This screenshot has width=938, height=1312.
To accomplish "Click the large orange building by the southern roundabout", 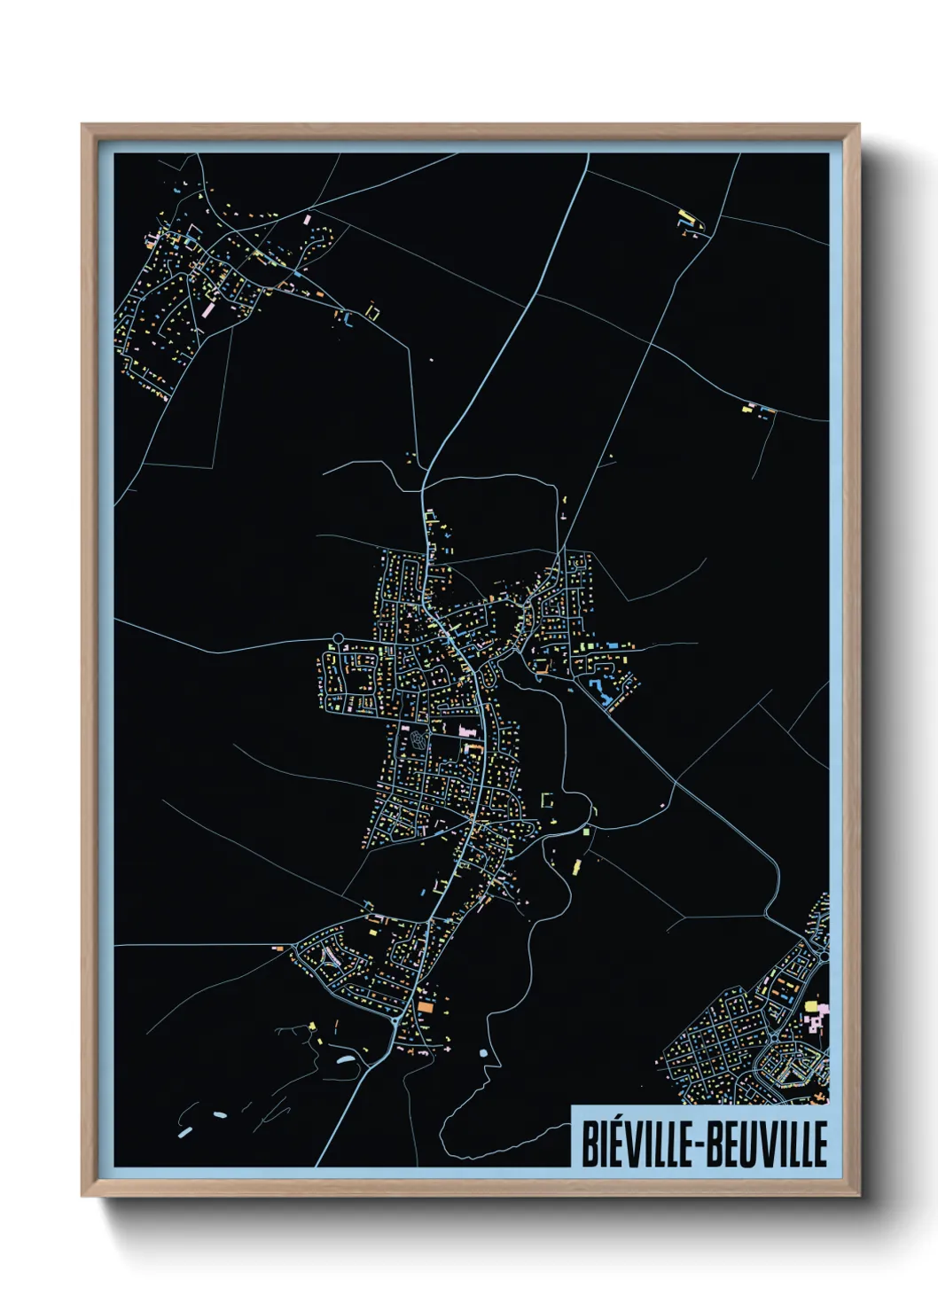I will [x=426, y=1007].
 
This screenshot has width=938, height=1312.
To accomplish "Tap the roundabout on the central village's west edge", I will [x=337, y=637].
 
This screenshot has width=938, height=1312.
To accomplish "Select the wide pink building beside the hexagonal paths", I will [x=466, y=730].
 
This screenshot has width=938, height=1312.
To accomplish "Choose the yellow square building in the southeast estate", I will [x=809, y=1005].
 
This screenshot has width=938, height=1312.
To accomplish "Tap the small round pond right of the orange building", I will [x=483, y=1053].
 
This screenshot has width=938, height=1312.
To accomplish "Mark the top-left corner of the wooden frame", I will [x=83, y=126].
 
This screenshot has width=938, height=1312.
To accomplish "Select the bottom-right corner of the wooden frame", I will [x=858, y=1195].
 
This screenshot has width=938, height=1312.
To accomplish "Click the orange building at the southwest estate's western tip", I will [x=277, y=949].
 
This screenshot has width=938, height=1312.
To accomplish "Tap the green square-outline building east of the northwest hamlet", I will [x=372, y=311].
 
